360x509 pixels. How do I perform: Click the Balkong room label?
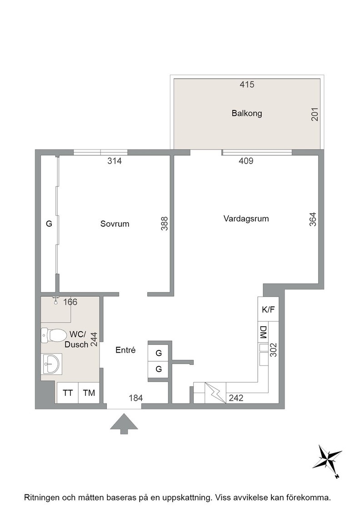(247, 113)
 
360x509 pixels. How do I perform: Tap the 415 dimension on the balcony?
(247, 85)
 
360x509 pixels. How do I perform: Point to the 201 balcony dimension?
(315, 114)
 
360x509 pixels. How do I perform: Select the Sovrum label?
(115, 224)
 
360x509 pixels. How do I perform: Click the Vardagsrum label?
(246, 219)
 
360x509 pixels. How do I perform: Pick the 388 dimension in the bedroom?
(165, 224)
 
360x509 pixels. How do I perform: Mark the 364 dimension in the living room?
(313, 219)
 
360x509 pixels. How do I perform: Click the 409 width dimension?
(246, 161)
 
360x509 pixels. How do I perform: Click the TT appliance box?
(68, 393)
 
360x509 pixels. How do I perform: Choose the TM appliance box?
(89, 393)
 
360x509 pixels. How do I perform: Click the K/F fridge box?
(268, 309)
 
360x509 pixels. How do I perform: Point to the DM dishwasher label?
(263, 332)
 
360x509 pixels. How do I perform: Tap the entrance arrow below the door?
(124, 424)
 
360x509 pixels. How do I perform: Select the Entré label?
(125, 350)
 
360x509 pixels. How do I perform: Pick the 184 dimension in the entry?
(136, 398)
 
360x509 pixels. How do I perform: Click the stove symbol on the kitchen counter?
(215, 393)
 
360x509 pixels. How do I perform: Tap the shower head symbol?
(56, 301)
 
